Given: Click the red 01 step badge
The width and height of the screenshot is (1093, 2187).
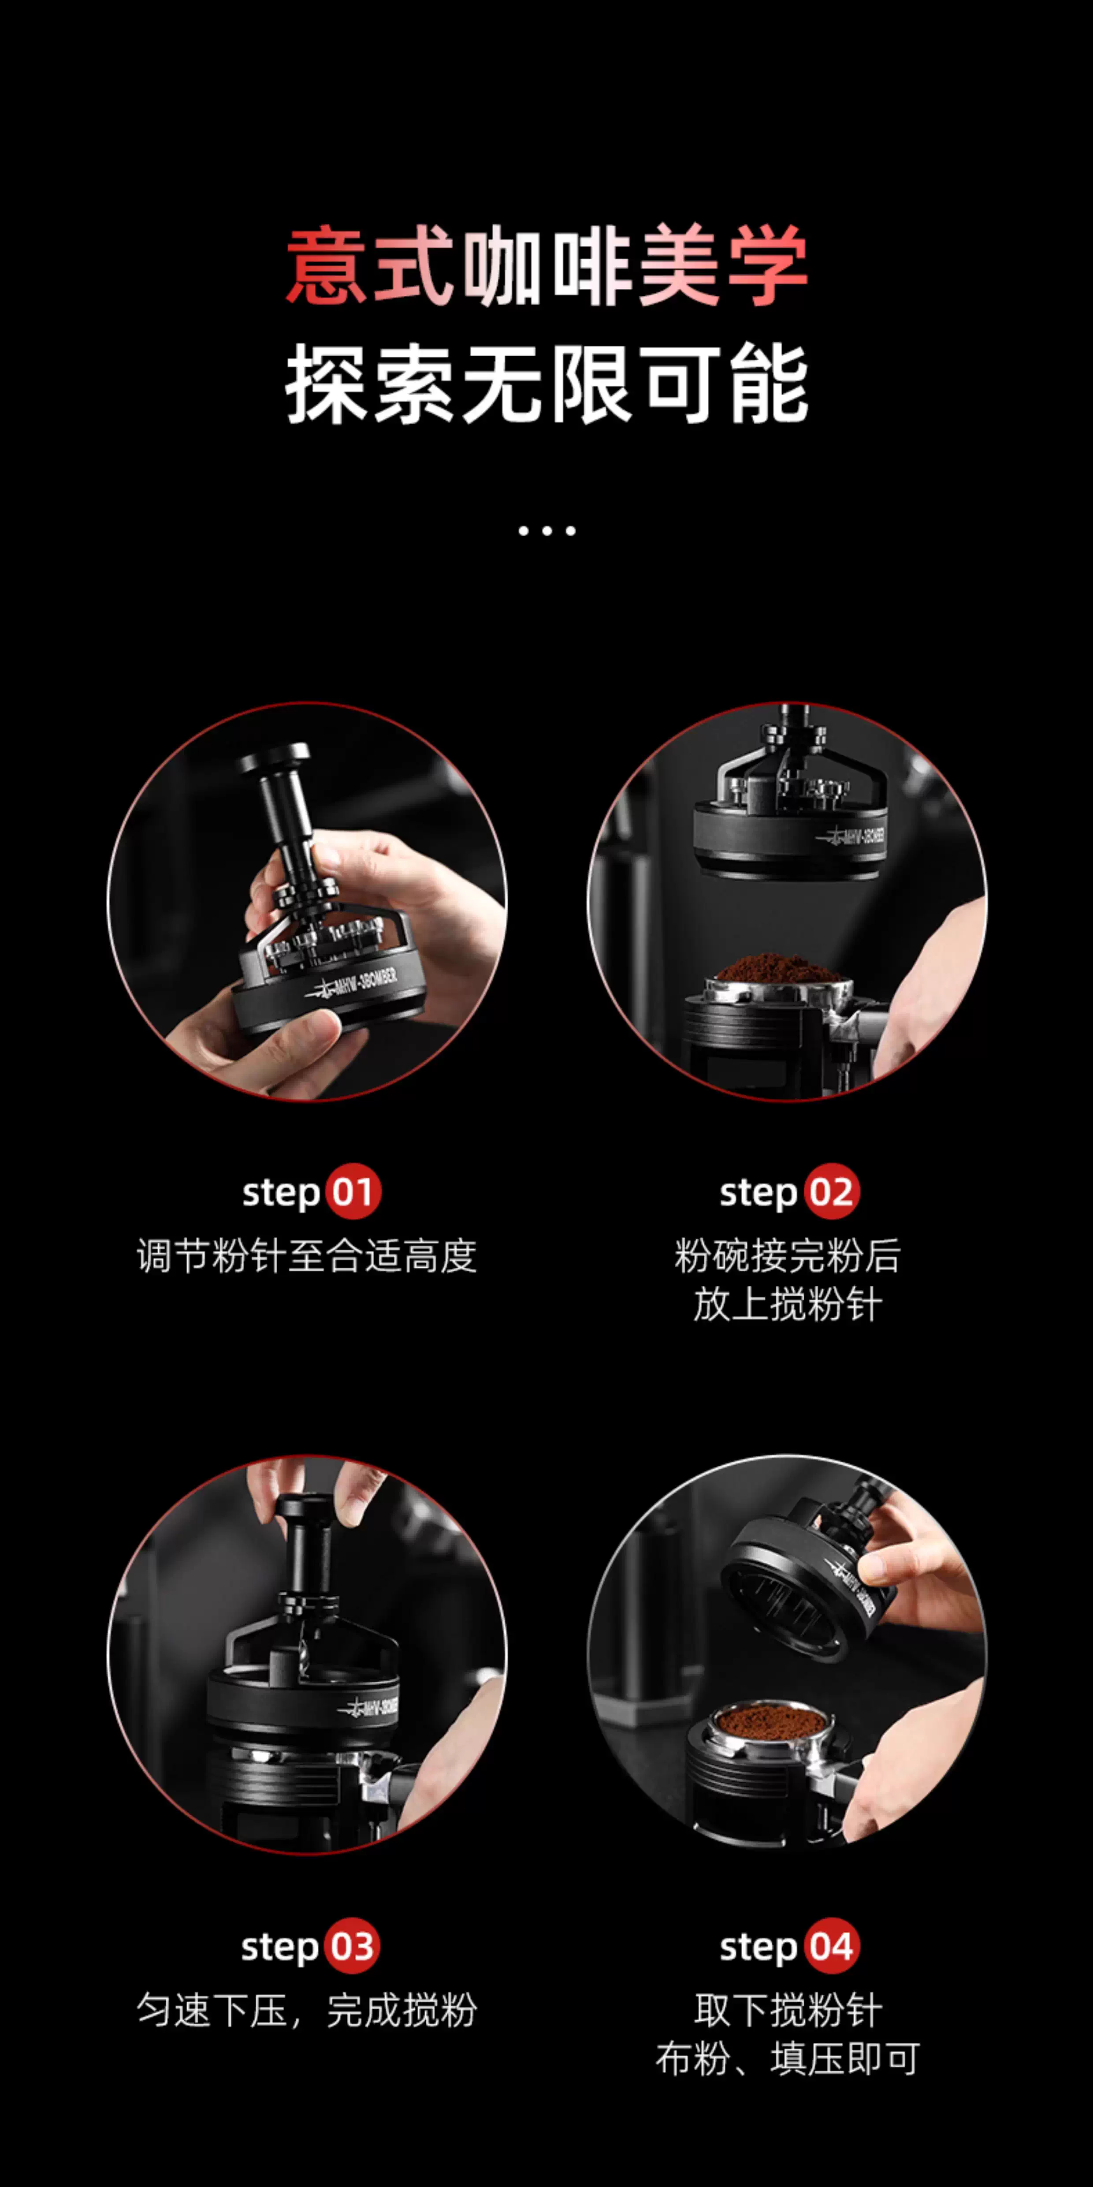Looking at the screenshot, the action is point(353,1192).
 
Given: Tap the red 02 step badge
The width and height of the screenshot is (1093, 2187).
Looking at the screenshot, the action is point(832,1192).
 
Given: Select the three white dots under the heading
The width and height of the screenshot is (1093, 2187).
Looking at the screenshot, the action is point(546,530).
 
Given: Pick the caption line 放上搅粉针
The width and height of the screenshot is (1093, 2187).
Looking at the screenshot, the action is point(788,1305).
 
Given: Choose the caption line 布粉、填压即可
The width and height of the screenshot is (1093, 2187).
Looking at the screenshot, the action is point(788,2059).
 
